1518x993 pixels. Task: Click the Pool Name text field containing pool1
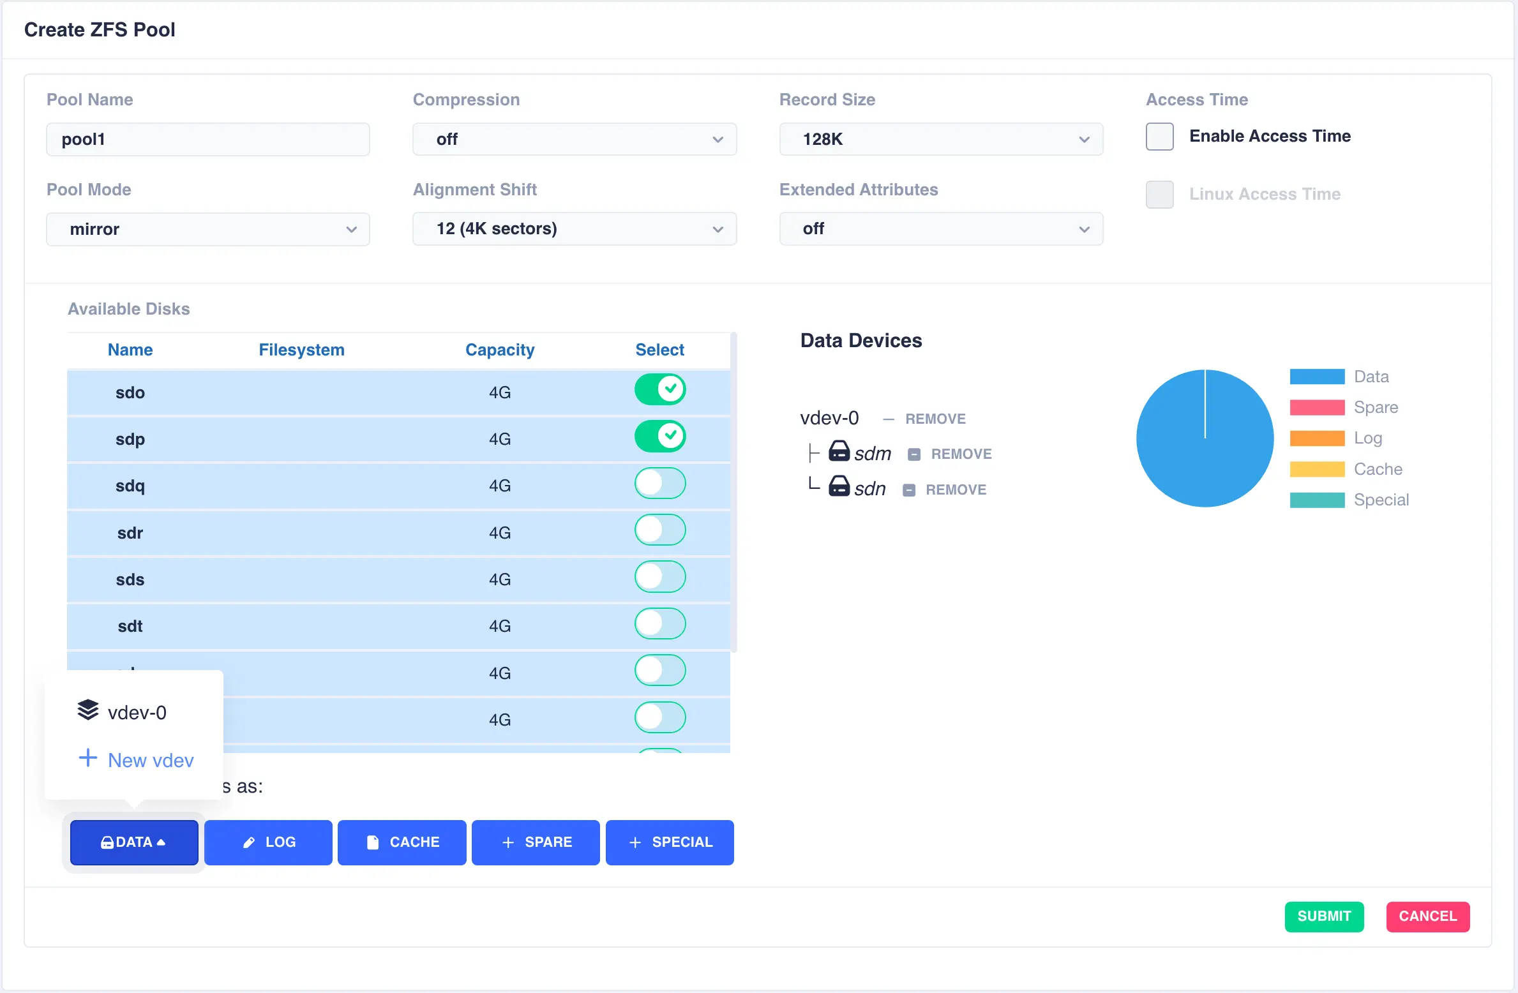[207, 139]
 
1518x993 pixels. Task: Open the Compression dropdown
[574, 139]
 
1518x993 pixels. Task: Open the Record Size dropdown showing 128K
[940, 139]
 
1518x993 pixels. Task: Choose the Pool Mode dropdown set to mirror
[207, 229]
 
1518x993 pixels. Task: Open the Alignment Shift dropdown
[574, 229]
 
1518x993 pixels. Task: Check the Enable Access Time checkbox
[1159, 137]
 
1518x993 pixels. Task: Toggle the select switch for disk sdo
[659, 389]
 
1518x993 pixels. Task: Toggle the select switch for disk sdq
[659, 484]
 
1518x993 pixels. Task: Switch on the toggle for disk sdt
[659, 624]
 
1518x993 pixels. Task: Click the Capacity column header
[499, 350]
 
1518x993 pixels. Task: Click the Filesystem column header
[301, 350]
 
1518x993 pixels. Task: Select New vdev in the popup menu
[150, 760]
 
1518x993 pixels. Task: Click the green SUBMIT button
[1323, 916]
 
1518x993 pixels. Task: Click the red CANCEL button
[1427, 916]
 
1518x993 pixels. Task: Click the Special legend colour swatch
[1316, 500]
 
